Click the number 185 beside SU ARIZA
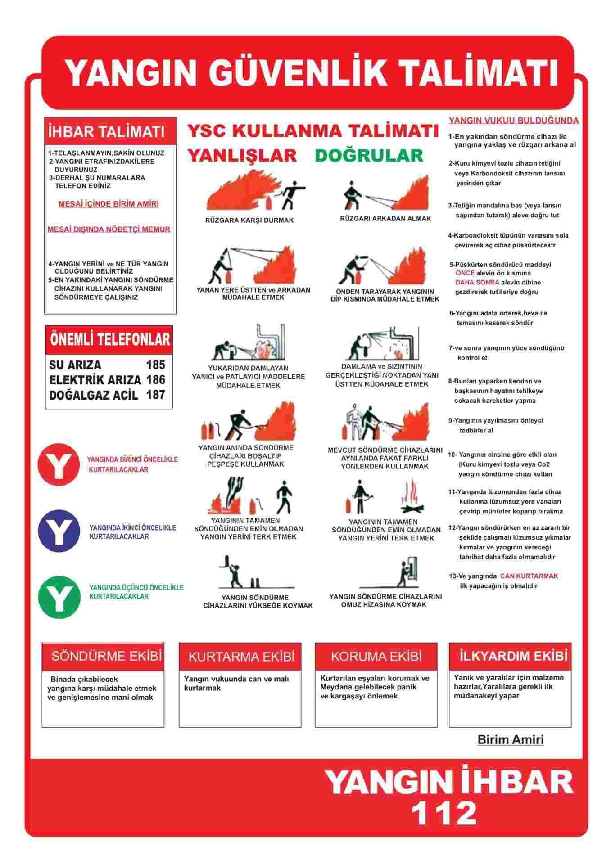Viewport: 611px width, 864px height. [155, 364]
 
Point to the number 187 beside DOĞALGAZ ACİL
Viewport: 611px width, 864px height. [155, 395]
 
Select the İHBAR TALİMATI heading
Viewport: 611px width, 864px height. [106, 132]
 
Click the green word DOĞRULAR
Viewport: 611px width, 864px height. [369, 155]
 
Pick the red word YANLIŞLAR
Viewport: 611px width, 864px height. [242, 155]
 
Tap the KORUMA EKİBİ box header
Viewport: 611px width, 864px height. [376, 656]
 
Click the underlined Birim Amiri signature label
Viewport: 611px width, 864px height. [510, 739]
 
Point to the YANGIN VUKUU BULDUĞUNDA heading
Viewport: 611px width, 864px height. [514, 121]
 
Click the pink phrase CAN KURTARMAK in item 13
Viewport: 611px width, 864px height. [529, 576]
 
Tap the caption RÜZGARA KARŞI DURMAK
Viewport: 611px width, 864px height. [249, 220]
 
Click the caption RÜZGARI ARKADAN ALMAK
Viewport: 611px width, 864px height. [385, 219]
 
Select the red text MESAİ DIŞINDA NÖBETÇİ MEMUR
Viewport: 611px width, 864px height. [109, 229]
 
